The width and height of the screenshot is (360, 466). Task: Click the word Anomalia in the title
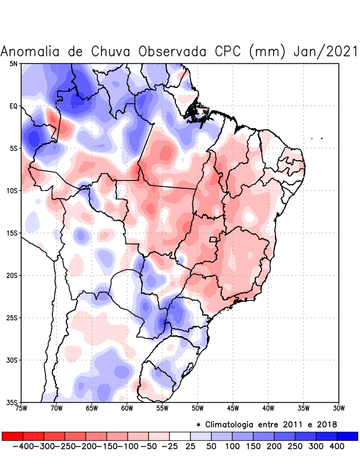(x=31, y=51)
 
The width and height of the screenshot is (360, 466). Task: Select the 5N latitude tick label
(x=13, y=63)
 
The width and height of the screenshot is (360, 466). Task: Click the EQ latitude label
(x=13, y=106)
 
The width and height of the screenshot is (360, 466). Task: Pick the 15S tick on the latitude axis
(x=12, y=233)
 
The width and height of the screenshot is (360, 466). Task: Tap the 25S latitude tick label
(x=12, y=318)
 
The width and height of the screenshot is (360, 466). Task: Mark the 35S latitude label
(x=12, y=403)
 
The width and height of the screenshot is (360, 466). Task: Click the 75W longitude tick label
(x=22, y=408)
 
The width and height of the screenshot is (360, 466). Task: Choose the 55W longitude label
(x=163, y=408)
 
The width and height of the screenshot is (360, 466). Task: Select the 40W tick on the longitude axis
(x=269, y=408)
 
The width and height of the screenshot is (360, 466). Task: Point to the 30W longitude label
(x=339, y=408)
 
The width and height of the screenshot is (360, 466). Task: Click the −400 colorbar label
(x=23, y=446)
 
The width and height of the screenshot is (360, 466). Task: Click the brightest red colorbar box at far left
(x=12, y=436)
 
